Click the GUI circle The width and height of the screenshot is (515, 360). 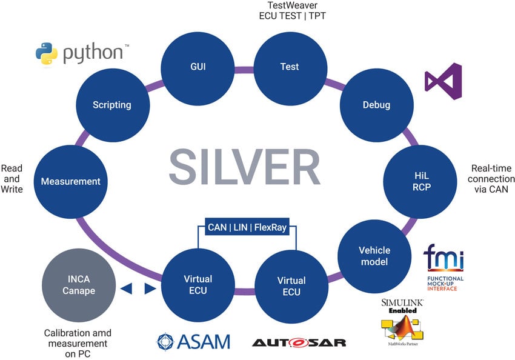click(x=198, y=67)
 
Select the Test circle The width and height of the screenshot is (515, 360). click(x=289, y=67)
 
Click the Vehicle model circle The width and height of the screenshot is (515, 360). click(x=374, y=256)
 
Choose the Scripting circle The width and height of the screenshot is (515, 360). click(x=111, y=105)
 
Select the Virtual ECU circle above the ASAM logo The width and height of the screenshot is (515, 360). click(x=198, y=285)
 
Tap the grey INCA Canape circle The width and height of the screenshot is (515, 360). click(x=79, y=285)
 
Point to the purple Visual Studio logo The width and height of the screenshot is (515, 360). click(x=443, y=82)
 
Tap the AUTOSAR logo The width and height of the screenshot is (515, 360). click(x=299, y=342)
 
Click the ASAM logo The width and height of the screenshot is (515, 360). click(x=194, y=341)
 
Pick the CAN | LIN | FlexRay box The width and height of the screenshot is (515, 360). click(x=247, y=228)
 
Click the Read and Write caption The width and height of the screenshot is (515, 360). click(x=12, y=179)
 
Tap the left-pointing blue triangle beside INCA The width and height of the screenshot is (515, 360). click(x=126, y=289)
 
